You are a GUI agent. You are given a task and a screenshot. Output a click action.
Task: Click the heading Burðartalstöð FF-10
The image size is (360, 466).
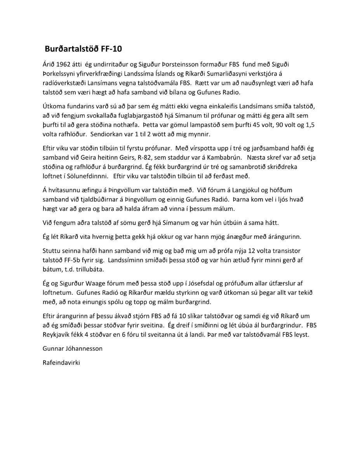tap(83, 49)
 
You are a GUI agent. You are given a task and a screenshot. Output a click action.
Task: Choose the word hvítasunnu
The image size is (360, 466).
tap(63, 190)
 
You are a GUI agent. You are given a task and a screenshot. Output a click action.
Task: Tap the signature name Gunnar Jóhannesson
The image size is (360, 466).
tap(73, 349)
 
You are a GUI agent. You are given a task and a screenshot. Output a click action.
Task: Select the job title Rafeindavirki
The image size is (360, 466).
tap(61, 364)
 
